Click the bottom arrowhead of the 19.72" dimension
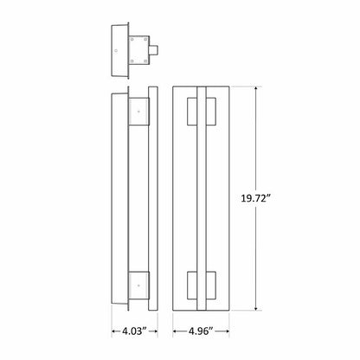(257, 309)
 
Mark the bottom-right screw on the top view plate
(145, 61)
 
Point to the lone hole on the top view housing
(118, 49)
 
